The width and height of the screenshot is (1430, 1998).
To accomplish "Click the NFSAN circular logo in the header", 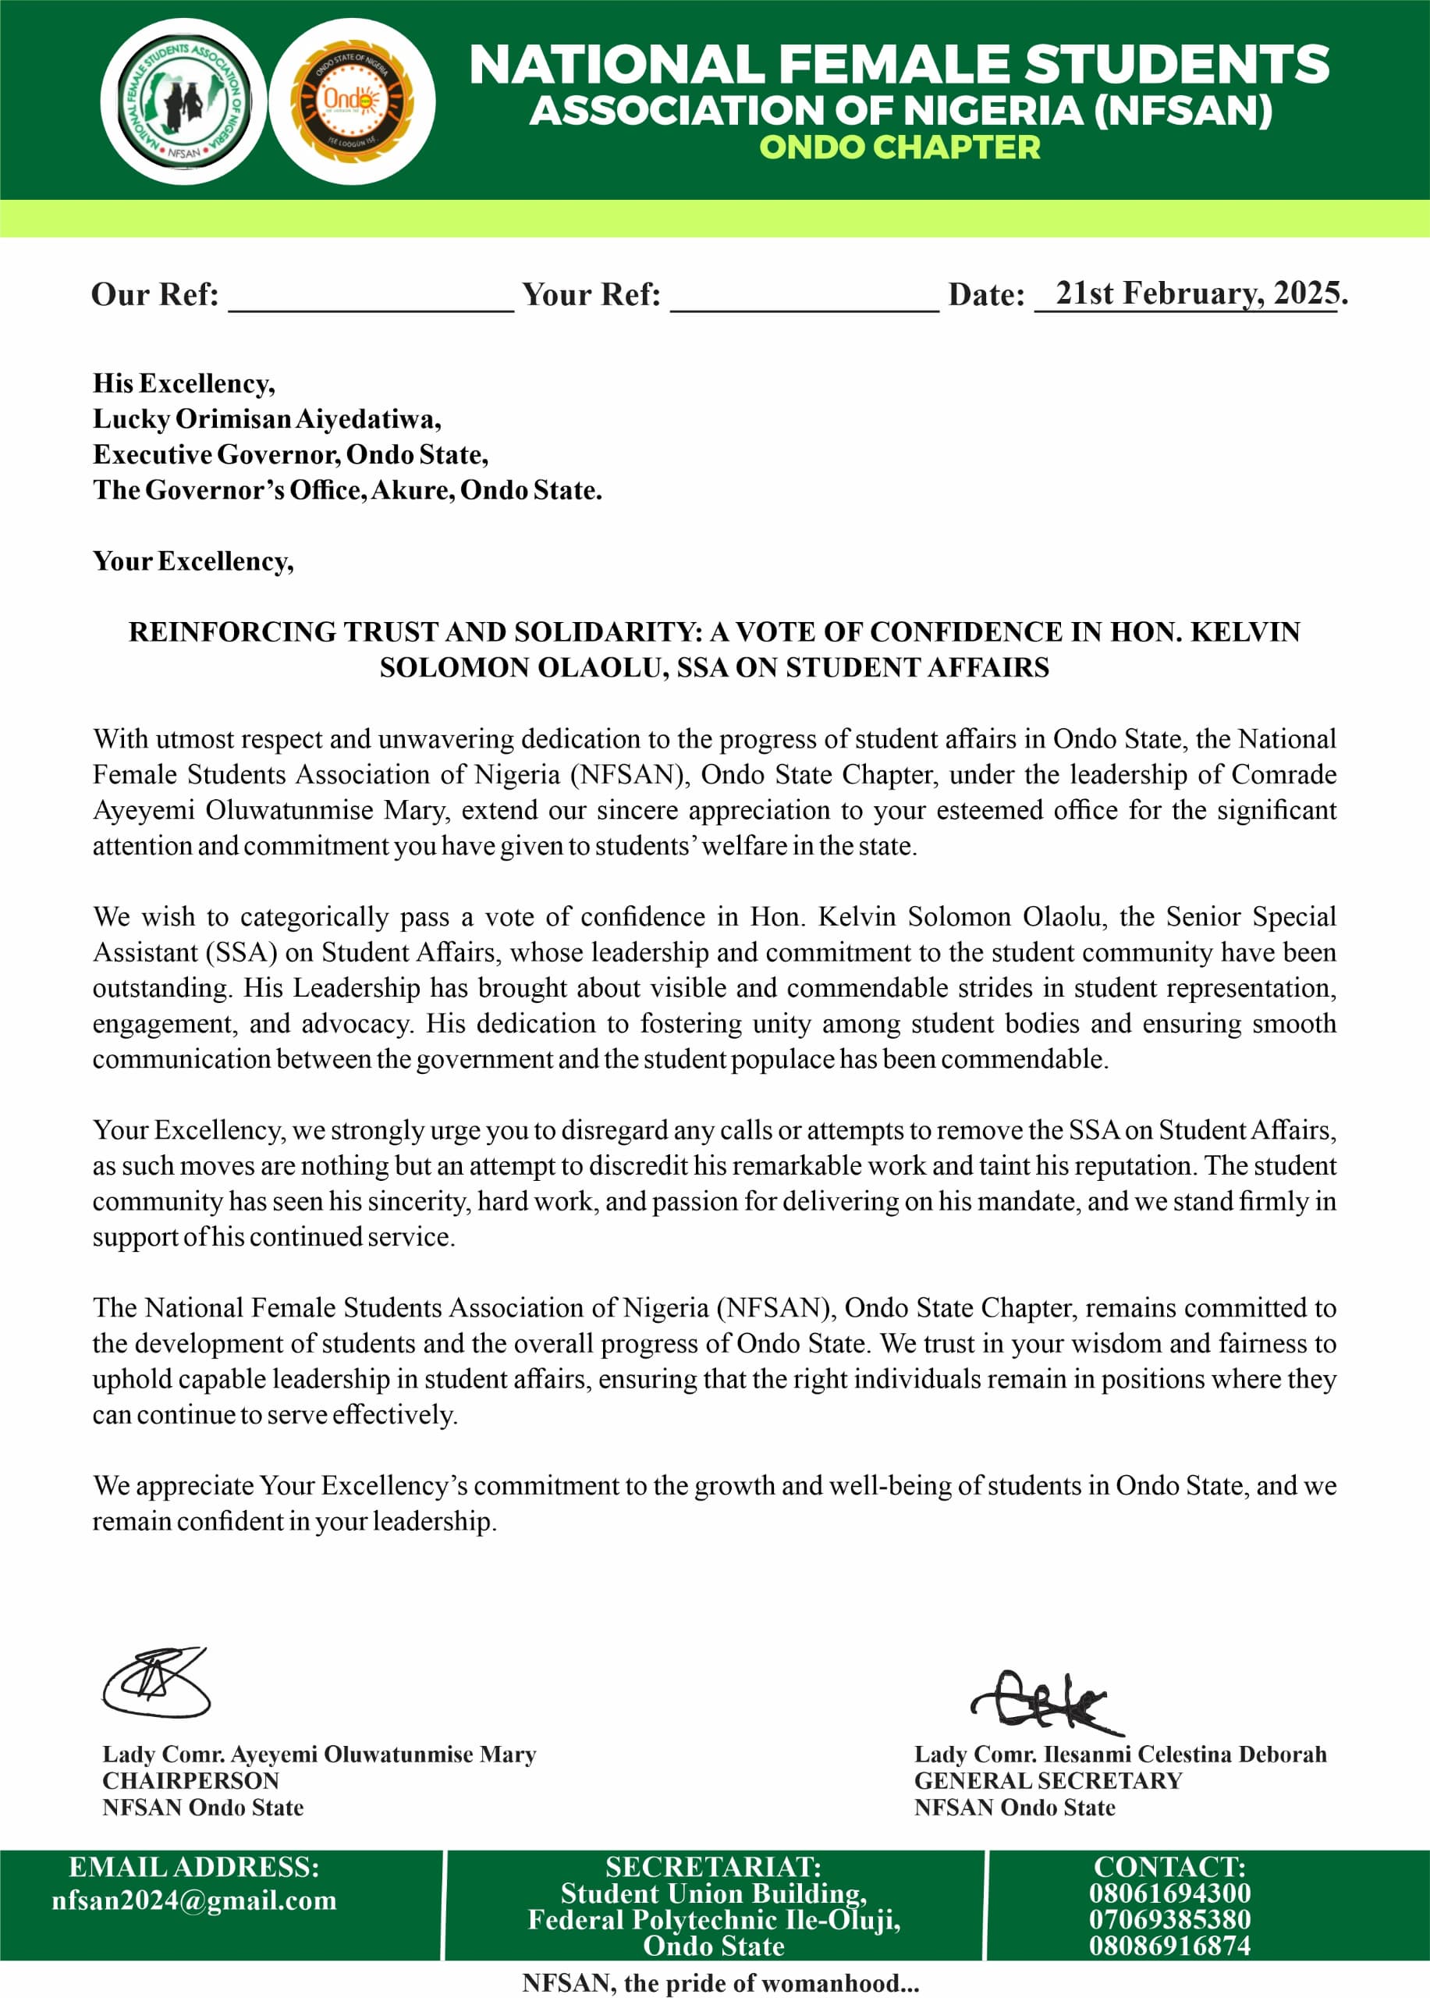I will (183, 101).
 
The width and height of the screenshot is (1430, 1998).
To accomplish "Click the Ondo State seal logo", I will (351, 101).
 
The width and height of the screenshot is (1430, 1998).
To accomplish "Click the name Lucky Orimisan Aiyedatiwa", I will (267, 418).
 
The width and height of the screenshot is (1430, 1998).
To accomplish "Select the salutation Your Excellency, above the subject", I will (193, 561).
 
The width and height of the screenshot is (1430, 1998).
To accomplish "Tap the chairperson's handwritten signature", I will (157, 1682).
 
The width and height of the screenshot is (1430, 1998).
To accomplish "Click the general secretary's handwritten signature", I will (1045, 1701).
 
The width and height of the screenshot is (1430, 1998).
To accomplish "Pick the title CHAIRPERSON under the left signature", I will (190, 1780).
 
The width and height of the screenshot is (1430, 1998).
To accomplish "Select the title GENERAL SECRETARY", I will (1048, 1780).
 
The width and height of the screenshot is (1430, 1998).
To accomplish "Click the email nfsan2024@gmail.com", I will (193, 1900).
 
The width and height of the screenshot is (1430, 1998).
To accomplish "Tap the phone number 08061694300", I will (1169, 1893).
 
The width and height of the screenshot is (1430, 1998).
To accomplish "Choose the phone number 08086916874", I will (1169, 1945).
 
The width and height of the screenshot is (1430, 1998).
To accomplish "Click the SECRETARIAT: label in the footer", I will (713, 1867).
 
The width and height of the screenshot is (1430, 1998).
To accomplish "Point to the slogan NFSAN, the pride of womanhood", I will (719, 1982).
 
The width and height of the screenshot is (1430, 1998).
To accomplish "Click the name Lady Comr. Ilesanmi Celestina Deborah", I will (1120, 1754).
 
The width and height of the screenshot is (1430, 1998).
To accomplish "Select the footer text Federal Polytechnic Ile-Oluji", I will (713, 1920).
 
